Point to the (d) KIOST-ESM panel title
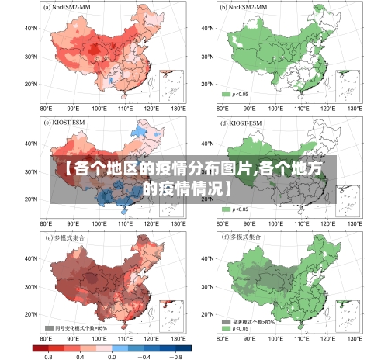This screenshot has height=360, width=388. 240,123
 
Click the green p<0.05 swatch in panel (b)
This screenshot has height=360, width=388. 226,94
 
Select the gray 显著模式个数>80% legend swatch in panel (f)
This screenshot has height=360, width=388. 226,320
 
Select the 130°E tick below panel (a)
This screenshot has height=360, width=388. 178,109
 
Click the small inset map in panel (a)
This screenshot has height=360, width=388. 171,85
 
